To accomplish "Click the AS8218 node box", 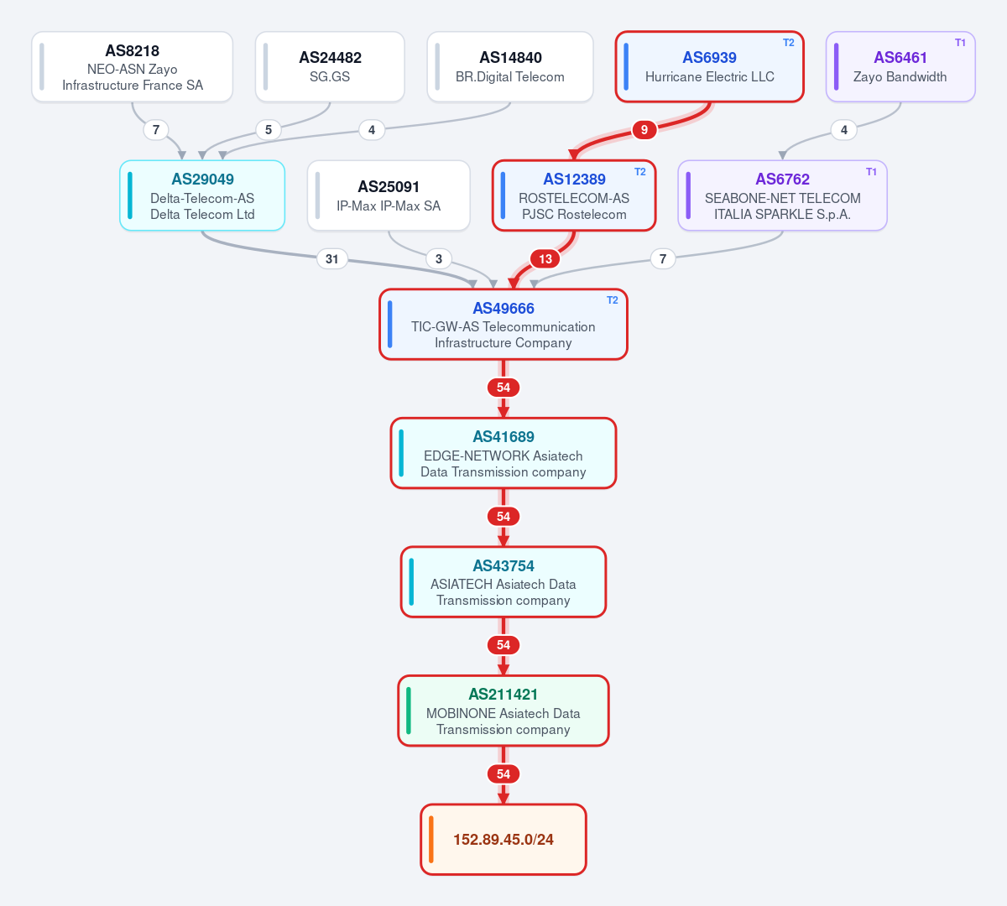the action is tap(132, 67).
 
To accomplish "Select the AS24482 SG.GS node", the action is tap(330, 67).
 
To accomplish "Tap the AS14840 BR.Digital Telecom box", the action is tap(510, 67).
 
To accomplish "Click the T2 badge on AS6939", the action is tap(788, 43).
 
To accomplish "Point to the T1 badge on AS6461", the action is tap(960, 43).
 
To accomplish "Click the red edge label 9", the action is tap(644, 130).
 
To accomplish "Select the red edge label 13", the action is tap(545, 259).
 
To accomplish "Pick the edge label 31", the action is tap(331, 259).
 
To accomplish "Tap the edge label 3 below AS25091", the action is tap(439, 259).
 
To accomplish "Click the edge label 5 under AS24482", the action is tap(269, 130).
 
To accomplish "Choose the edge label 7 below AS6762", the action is tap(663, 259).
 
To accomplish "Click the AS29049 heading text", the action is tap(202, 180).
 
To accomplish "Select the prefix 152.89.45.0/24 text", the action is tap(503, 839).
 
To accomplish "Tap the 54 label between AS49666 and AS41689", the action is tap(503, 388).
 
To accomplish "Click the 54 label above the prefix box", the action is tap(503, 774).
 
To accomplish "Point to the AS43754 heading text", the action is tap(503, 565).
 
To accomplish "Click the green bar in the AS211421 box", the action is tap(409, 711).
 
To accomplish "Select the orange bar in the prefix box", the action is tap(431, 839).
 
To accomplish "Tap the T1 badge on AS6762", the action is tap(871, 172).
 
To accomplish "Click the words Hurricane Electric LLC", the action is tap(709, 77).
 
